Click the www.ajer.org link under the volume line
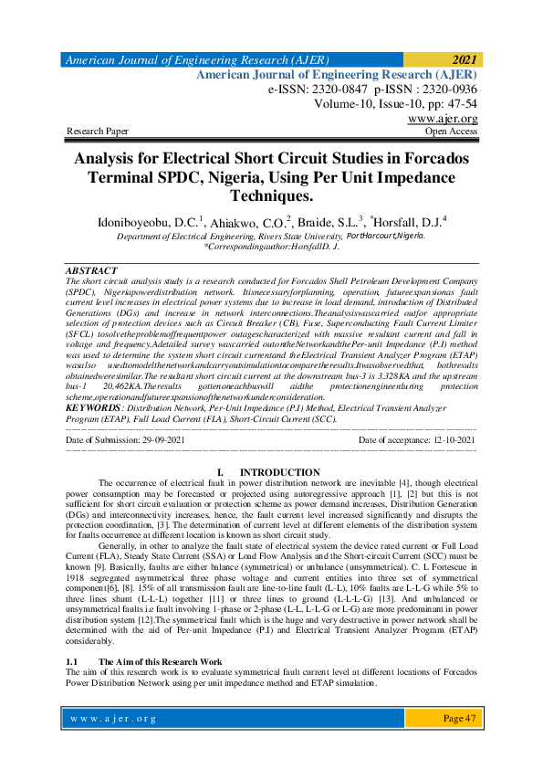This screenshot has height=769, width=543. click(x=443, y=119)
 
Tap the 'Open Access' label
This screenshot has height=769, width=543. click(x=451, y=132)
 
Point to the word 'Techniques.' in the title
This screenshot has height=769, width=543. click(x=271, y=195)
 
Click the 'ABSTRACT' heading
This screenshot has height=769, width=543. click(x=92, y=271)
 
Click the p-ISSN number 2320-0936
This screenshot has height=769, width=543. click(x=444, y=90)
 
